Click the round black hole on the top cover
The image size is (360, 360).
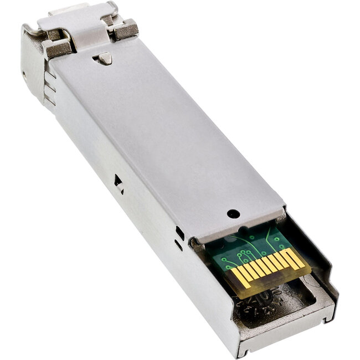point(233,212)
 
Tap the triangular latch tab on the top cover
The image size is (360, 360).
point(104,58)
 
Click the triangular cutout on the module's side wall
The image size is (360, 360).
point(118,181)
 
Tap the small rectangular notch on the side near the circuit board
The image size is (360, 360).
point(179,233)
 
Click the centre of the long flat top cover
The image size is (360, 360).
point(166,138)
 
